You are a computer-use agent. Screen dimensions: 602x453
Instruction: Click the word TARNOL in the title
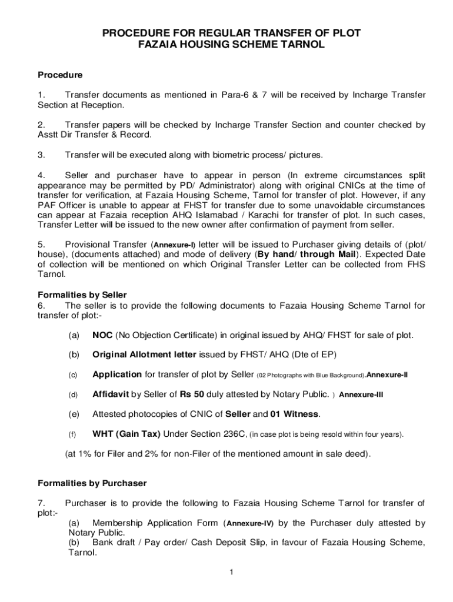[300, 45]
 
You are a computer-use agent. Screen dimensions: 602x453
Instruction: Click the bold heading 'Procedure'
[60, 75]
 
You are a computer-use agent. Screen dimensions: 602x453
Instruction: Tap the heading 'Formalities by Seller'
[82, 295]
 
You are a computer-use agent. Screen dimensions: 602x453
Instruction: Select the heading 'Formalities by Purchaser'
[92, 483]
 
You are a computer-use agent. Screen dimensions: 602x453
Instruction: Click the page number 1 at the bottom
[232, 572]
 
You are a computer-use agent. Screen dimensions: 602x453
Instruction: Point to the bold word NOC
[102, 335]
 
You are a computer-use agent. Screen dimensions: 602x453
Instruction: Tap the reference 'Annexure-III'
[361, 394]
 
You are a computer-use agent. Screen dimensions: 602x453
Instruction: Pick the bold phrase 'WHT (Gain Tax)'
[126, 434]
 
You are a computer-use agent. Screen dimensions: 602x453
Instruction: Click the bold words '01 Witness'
[295, 414]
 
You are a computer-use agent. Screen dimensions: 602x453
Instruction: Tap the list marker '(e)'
[74, 414]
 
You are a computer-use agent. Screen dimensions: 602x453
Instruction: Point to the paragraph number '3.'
[41, 155]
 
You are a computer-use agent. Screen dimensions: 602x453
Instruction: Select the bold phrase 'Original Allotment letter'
[145, 354]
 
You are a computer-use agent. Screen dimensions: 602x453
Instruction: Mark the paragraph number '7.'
[41, 503]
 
